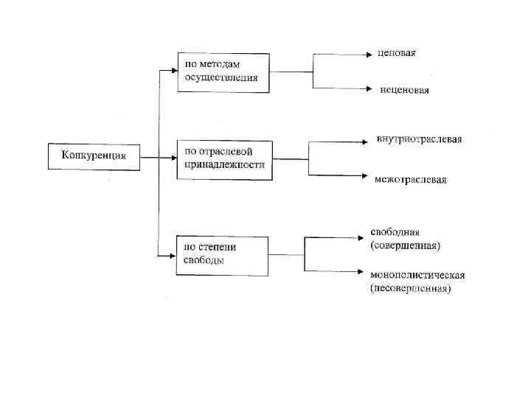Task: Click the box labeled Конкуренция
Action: (x=94, y=156)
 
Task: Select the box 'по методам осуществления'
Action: (x=223, y=71)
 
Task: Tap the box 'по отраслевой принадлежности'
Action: (x=224, y=159)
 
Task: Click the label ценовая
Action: (x=396, y=53)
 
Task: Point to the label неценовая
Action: (x=404, y=91)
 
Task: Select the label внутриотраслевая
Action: (x=419, y=140)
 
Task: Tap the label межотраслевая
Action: (x=410, y=179)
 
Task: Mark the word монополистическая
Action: (x=417, y=275)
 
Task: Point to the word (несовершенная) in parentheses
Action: (x=410, y=288)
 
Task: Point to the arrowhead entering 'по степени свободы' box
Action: (x=172, y=255)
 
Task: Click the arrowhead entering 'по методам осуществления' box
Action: (x=173, y=71)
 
